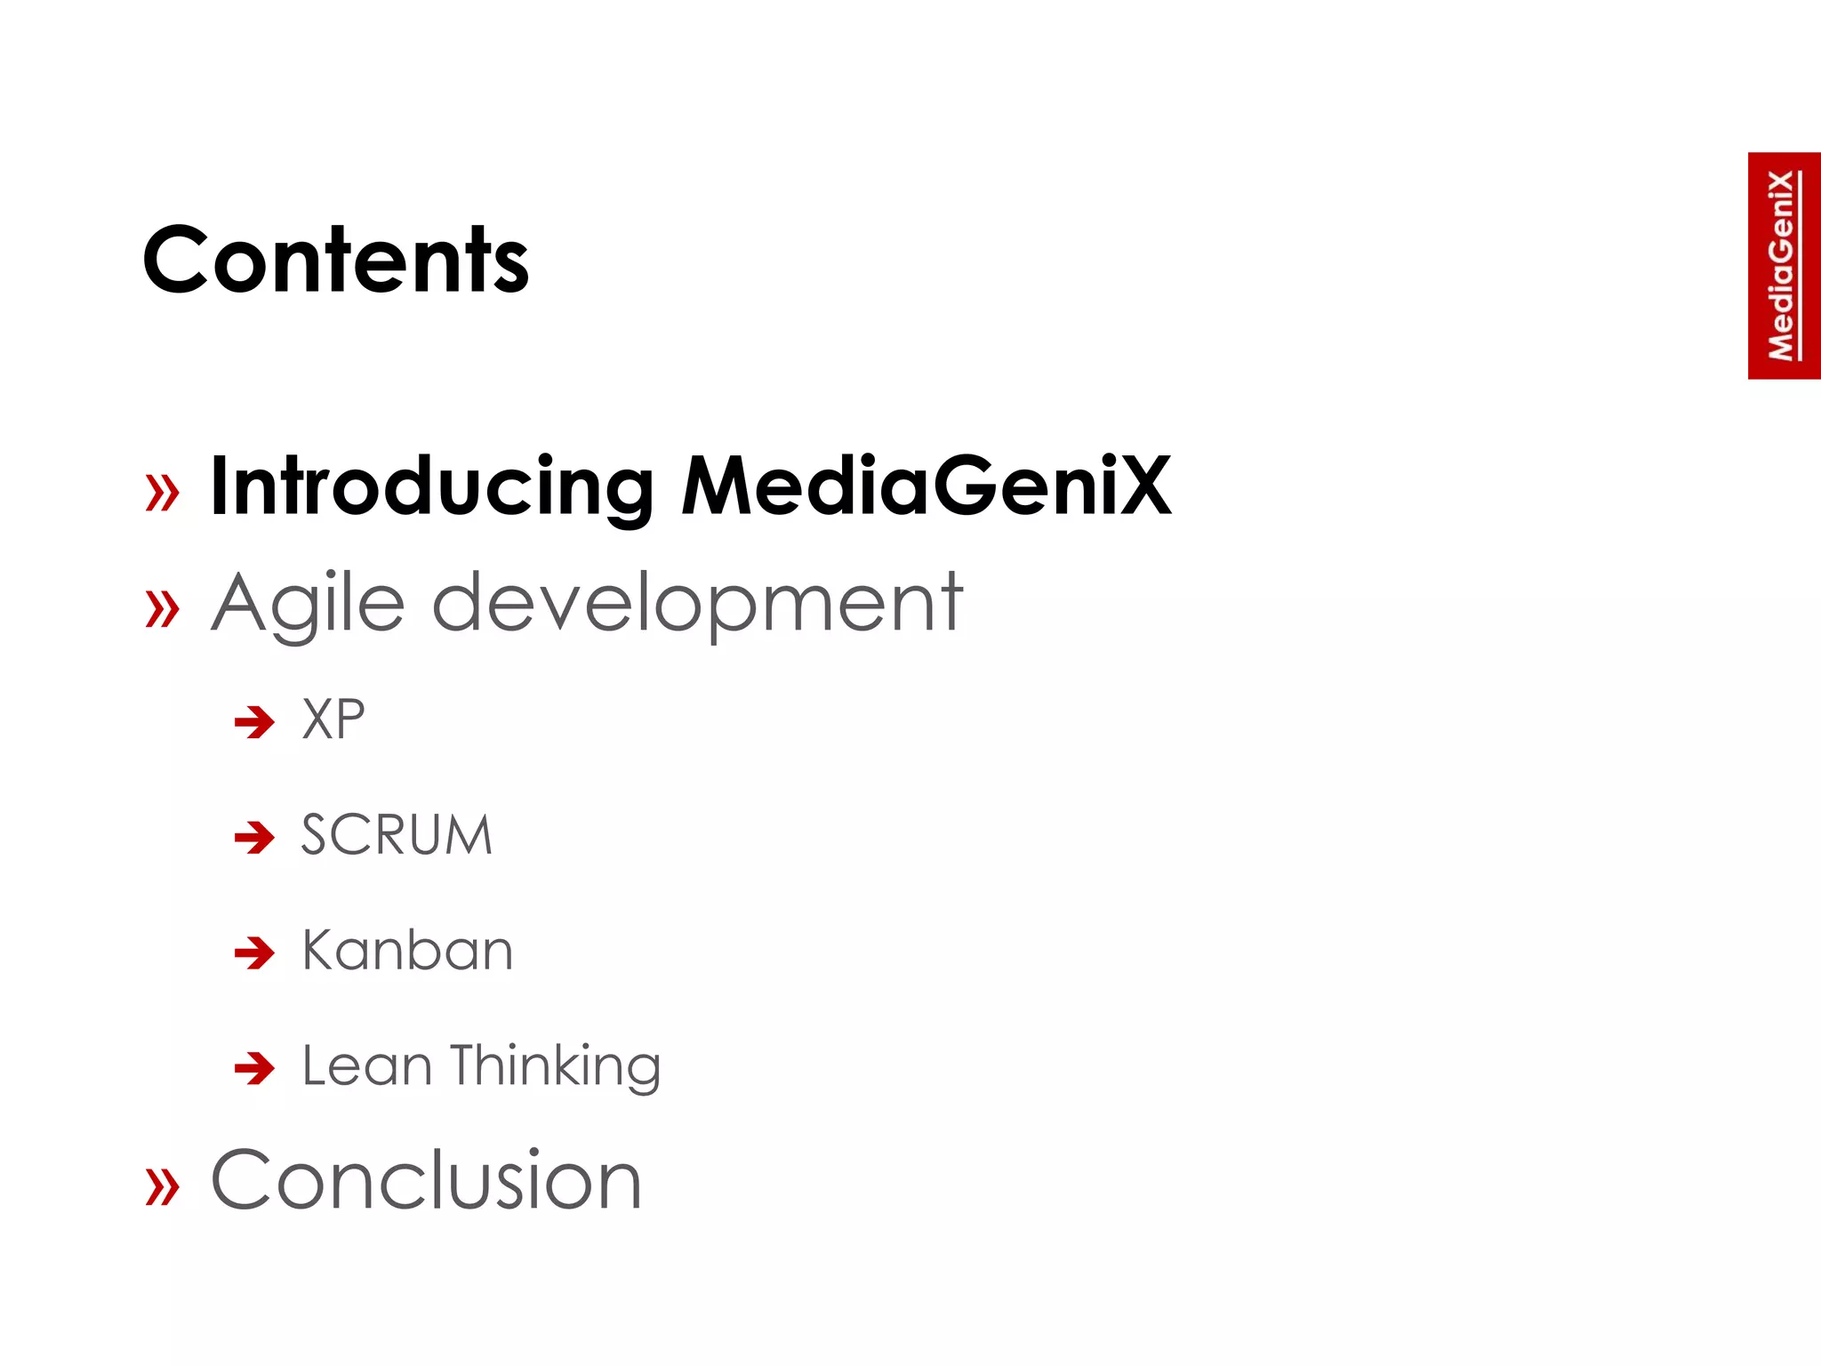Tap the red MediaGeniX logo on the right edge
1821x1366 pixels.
pyautogui.click(x=1783, y=266)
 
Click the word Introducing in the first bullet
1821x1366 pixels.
pyautogui.click(x=432, y=486)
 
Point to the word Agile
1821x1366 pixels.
pyautogui.click(x=308, y=605)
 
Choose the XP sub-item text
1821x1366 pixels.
pyautogui.click(x=333, y=719)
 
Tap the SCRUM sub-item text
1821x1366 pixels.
pyautogui.click(x=397, y=835)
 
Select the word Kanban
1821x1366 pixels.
pyautogui.click(x=407, y=951)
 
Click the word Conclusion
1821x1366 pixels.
pyautogui.click(x=426, y=1180)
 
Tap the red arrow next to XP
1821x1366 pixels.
pyautogui.click(x=254, y=722)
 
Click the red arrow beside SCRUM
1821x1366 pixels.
pyautogui.click(x=254, y=837)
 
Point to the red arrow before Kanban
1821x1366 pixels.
pyautogui.click(x=254, y=952)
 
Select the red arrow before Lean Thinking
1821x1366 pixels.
pyautogui.click(x=254, y=1067)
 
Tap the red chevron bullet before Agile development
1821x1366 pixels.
pyautogui.click(x=162, y=609)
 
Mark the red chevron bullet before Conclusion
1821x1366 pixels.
pyautogui.click(x=162, y=1185)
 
